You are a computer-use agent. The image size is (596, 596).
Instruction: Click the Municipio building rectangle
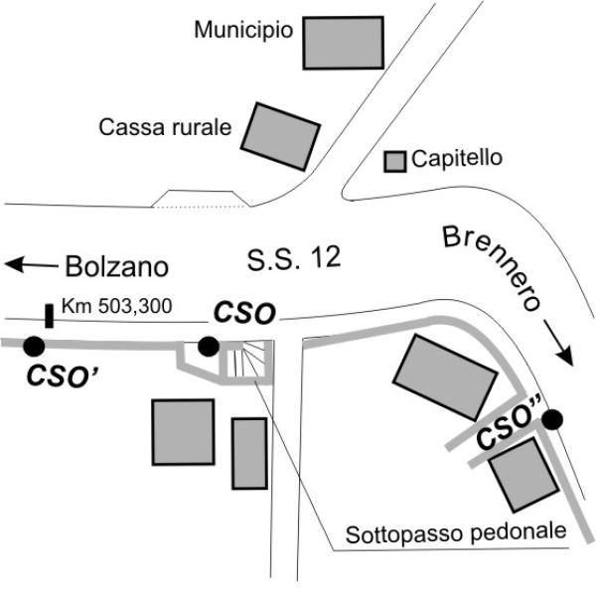click(x=344, y=43)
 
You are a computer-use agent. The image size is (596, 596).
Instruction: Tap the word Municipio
click(x=243, y=30)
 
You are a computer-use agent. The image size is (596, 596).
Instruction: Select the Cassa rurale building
click(x=280, y=136)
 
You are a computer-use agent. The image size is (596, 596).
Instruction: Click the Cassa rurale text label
click(x=165, y=127)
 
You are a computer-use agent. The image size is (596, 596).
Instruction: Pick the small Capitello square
click(x=395, y=162)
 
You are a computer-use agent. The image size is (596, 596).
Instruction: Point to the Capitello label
click(x=457, y=158)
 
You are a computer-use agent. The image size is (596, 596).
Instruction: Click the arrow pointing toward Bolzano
click(x=31, y=264)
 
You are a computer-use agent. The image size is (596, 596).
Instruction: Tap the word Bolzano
click(x=117, y=266)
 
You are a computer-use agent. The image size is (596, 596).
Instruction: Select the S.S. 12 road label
click(x=294, y=258)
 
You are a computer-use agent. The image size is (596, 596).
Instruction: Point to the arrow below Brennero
click(x=558, y=343)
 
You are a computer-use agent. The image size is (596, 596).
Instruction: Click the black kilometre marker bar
click(x=49, y=316)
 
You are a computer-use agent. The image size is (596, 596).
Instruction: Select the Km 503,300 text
click(x=117, y=306)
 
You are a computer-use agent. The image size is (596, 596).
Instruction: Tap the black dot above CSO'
click(x=34, y=346)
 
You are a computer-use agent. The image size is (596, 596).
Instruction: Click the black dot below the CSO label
click(x=209, y=347)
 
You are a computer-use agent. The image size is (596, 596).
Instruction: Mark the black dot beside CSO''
click(x=552, y=419)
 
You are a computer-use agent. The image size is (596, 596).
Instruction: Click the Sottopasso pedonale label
click(x=456, y=533)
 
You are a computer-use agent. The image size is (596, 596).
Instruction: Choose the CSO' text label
click(x=64, y=375)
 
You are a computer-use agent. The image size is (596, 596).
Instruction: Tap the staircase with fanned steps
click(x=249, y=363)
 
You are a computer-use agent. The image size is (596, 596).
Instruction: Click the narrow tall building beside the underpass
click(x=249, y=454)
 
